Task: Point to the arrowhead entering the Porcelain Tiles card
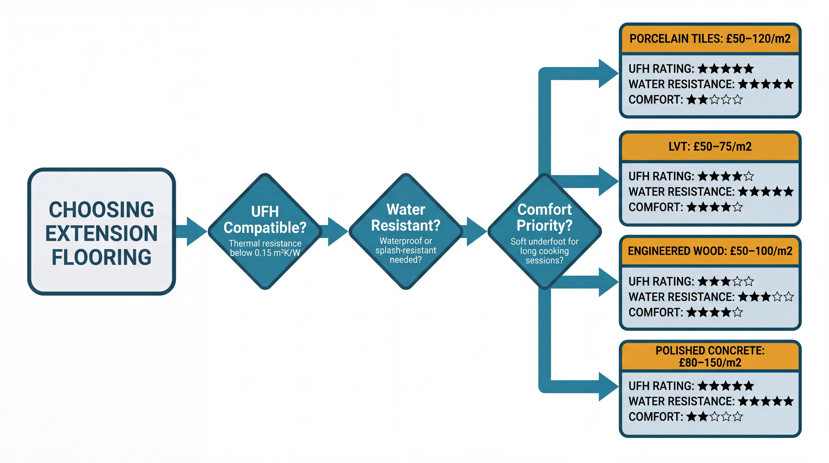tap(608, 73)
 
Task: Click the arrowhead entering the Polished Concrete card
tap(608, 386)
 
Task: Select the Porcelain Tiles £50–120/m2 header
tap(710, 39)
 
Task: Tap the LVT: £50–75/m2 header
tap(710, 146)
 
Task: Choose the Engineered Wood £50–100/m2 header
tap(710, 251)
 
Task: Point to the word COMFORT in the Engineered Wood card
tap(655, 312)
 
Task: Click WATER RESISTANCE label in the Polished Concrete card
tap(681, 401)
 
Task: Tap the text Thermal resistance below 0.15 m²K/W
tap(265, 248)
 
